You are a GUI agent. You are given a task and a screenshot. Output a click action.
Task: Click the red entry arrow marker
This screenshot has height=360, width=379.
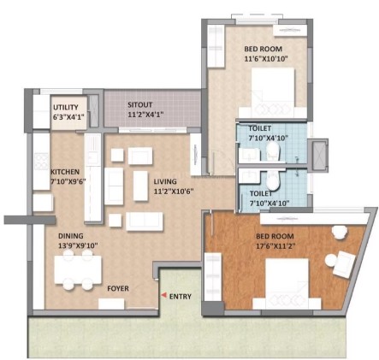[x=163, y=295]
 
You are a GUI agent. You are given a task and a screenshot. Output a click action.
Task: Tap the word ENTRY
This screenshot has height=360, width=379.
[x=181, y=297]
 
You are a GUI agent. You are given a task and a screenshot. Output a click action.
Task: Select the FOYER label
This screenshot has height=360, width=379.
[x=118, y=288]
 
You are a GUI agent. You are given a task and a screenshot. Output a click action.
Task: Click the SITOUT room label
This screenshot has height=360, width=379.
[x=140, y=104]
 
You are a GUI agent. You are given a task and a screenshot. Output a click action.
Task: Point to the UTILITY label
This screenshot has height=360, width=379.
[x=66, y=107]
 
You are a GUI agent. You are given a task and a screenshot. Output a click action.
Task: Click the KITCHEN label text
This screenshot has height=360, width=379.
[x=65, y=172]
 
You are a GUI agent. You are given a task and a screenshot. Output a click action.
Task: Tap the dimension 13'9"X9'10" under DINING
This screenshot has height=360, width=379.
[x=78, y=245]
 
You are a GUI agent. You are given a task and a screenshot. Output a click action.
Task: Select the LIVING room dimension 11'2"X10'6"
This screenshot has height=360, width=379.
[x=174, y=192]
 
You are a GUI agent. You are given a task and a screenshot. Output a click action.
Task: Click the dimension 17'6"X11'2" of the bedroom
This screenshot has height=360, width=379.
[x=275, y=245]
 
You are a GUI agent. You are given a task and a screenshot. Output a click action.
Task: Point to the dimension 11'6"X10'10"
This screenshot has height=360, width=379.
[x=266, y=59]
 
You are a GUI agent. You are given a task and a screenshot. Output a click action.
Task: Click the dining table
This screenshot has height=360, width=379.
[x=78, y=269]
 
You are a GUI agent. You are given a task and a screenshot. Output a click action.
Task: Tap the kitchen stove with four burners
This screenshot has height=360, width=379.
[x=42, y=162]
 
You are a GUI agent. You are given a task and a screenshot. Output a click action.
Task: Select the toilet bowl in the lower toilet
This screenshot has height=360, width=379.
[x=273, y=180]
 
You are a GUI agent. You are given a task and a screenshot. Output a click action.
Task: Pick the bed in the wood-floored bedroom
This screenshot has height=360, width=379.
[x=287, y=284]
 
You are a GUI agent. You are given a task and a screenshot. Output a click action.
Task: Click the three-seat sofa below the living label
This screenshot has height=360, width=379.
[x=145, y=221]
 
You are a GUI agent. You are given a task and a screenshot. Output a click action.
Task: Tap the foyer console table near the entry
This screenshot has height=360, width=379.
[x=111, y=304]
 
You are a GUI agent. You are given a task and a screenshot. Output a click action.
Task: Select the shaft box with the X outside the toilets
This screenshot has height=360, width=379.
[x=317, y=156]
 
